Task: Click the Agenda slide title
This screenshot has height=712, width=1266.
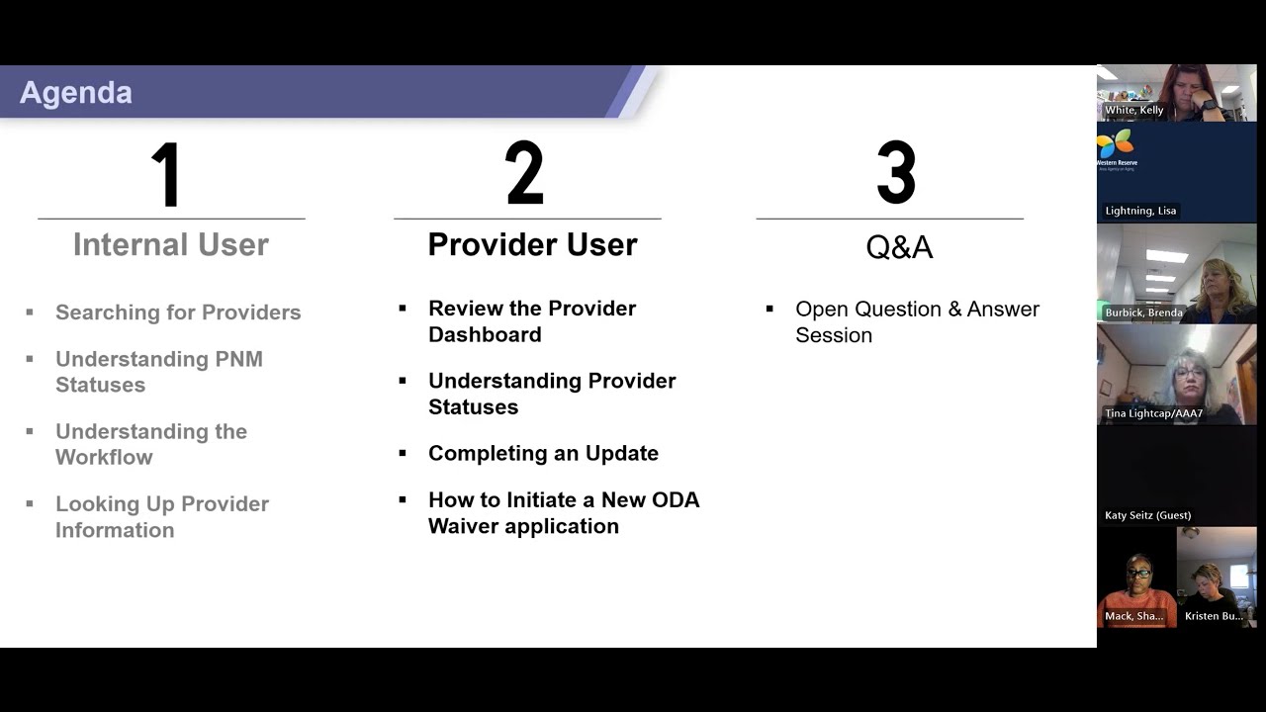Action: (x=76, y=92)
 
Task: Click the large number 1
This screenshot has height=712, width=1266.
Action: (x=166, y=174)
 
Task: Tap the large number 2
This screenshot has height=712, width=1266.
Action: (x=524, y=173)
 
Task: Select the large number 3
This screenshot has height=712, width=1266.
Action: (x=896, y=173)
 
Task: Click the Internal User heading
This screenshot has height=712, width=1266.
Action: (x=171, y=244)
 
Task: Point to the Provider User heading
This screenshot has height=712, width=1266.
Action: (x=532, y=244)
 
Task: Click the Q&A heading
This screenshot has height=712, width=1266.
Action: (x=899, y=246)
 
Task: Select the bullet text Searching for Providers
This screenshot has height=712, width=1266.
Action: (x=178, y=312)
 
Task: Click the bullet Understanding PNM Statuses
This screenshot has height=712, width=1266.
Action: (x=158, y=372)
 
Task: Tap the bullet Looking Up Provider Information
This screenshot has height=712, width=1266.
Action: (x=162, y=516)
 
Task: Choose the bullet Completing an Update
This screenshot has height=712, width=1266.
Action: (x=543, y=453)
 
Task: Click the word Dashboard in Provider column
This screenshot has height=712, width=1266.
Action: (x=485, y=334)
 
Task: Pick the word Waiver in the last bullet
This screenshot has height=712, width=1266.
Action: (x=463, y=526)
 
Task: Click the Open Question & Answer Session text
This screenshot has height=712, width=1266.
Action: (x=917, y=321)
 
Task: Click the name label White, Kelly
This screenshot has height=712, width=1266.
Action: (x=1133, y=110)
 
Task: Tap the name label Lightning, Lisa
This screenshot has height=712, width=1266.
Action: (x=1140, y=211)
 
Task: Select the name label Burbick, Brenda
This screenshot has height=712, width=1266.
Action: (x=1143, y=312)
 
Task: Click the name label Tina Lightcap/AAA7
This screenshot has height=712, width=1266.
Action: (x=1153, y=413)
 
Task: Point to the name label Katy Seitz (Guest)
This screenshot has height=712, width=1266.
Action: (x=1147, y=515)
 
